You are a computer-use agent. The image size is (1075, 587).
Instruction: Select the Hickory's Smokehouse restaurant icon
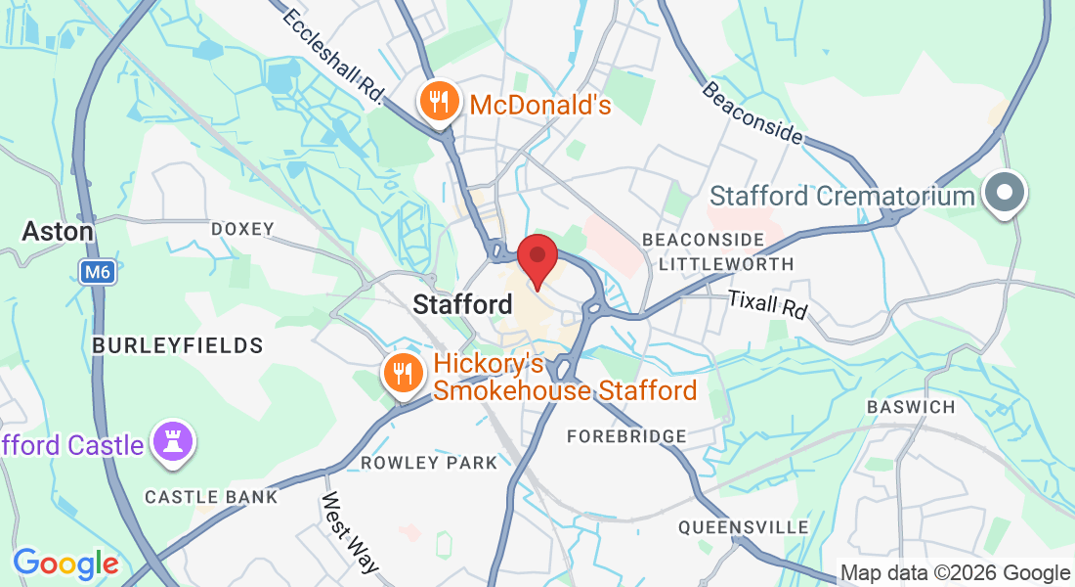pos(402,372)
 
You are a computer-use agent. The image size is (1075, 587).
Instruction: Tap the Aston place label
pos(59,232)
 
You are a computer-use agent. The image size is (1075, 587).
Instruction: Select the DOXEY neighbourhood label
pos(243,229)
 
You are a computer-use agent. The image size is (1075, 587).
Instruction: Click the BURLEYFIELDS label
pos(178,345)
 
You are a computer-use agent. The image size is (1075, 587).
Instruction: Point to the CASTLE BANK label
pos(211,497)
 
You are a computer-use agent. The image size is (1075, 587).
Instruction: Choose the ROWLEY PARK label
pos(429,462)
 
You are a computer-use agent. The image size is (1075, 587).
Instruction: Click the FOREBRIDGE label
pos(626,435)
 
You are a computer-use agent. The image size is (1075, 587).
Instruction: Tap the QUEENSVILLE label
pos(731,527)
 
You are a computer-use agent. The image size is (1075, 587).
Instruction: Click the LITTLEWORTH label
pos(726,264)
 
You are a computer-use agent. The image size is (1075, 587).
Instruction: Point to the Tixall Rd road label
pos(769,304)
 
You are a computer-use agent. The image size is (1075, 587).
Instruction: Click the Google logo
pos(65,564)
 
